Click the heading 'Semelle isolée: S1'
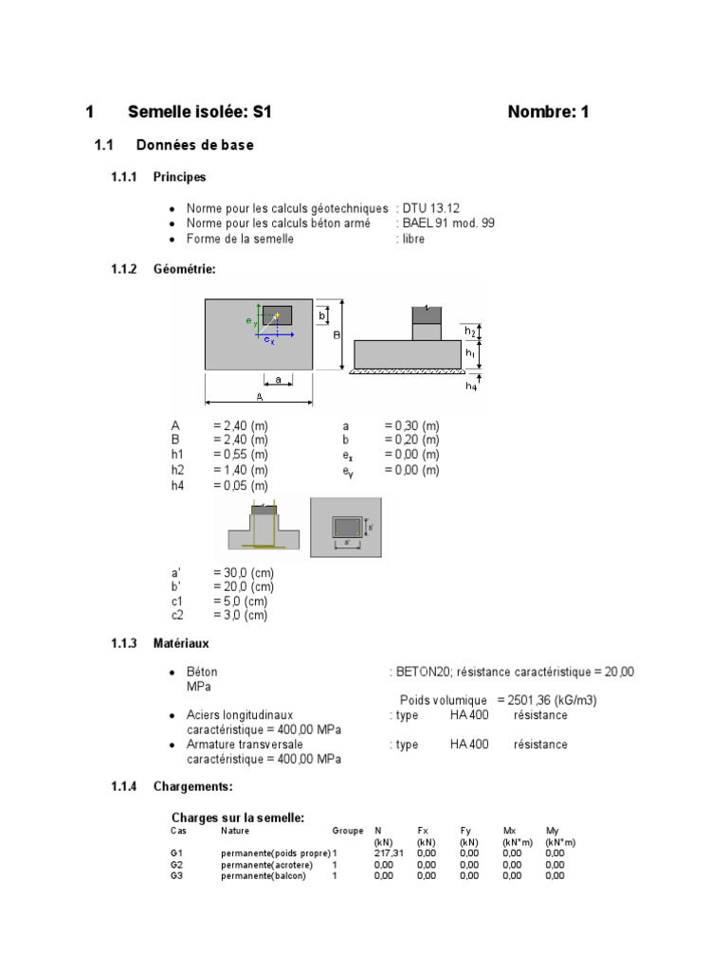(200, 112)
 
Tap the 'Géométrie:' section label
(184, 269)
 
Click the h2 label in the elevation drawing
(470, 330)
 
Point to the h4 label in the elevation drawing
(471, 386)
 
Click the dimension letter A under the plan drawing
(258, 398)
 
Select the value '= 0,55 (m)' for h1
(241, 455)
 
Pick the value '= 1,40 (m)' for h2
(241, 470)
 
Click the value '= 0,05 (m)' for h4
(241, 485)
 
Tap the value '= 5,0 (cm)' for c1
(241, 601)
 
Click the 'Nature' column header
(235, 830)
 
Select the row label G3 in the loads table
(177, 875)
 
